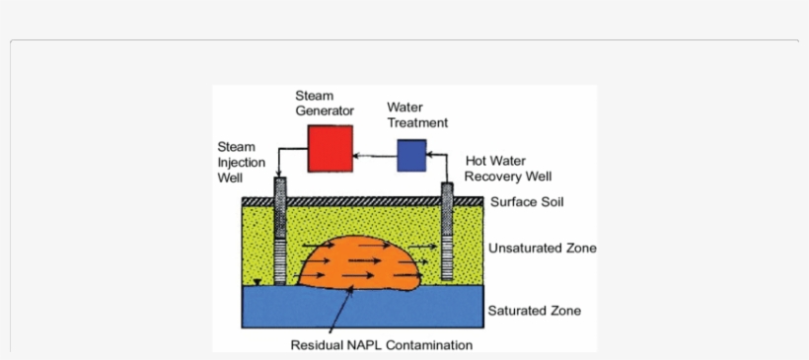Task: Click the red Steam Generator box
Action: coord(330,149)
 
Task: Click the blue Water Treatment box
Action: coord(411,155)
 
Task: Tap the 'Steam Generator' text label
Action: coord(325,104)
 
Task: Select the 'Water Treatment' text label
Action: coord(417,114)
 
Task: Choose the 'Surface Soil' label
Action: coord(527,203)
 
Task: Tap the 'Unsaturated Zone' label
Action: coord(542,249)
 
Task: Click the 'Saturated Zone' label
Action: coord(534,311)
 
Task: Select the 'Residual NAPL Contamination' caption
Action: coord(381,345)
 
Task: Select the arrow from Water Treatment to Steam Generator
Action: coord(375,155)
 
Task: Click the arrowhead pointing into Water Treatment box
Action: coord(430,155)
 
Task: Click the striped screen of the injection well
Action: coord(279,259)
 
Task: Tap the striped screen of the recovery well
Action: coord(448,258)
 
